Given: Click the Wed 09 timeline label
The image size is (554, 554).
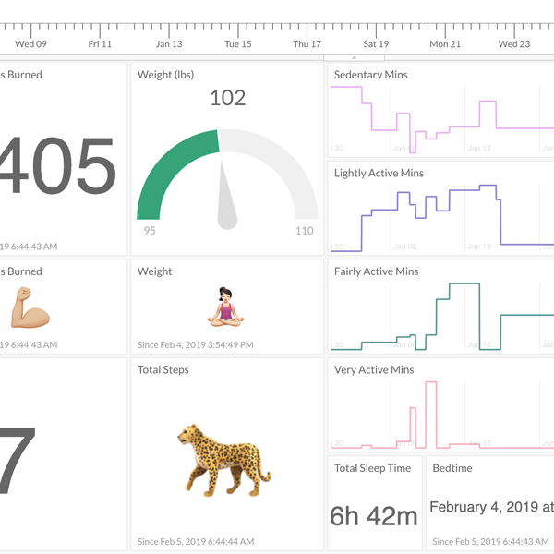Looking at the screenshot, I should pos(31,43).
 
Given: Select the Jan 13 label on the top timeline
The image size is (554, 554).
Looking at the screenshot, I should pos(169,43).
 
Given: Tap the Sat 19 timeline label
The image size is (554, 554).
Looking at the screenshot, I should pos(376,43).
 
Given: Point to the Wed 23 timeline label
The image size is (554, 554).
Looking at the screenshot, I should pos(514,43).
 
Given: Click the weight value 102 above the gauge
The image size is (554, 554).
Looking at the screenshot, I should pos(227,98).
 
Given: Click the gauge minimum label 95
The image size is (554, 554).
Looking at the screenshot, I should pos(150,231).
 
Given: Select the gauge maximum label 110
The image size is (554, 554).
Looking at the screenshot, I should pos(305,231).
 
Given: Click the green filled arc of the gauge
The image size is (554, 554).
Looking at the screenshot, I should pos(166,166).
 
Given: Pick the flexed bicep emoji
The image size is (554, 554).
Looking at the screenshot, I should pos(30,307).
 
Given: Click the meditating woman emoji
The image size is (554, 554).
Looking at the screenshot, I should pos(226,307).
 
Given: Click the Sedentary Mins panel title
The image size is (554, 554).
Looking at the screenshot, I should pos(370,75).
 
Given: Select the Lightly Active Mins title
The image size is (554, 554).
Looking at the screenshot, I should pos(379,173).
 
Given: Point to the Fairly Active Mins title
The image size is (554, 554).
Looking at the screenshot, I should pos(376,271).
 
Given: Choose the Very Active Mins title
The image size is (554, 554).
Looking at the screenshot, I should pos(374,370).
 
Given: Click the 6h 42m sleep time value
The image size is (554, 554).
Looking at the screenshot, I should pos(374,516).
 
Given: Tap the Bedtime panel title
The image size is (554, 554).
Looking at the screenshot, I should pos(452,468).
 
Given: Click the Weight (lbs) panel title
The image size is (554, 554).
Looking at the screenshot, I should pos(166,75).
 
